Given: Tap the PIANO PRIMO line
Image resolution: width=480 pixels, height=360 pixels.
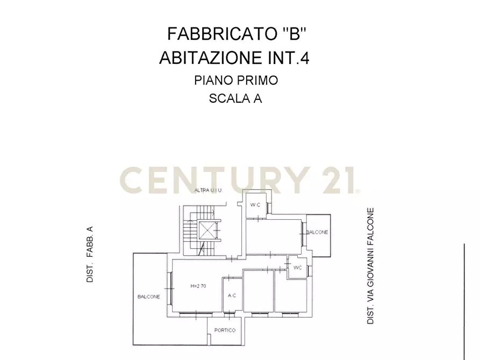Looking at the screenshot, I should point(235,81).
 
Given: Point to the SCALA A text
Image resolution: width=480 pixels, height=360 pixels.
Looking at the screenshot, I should point(235,98).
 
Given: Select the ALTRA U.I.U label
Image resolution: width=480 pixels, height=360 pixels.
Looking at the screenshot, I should point(207,190).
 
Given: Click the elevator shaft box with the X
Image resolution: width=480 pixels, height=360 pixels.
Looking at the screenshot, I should point(207,231).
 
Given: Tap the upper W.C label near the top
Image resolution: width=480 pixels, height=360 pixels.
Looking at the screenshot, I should point(255,205).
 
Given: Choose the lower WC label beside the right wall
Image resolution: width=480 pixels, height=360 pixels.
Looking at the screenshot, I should point(297,267).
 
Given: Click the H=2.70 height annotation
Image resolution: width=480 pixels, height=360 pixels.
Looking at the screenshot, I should point(199,285).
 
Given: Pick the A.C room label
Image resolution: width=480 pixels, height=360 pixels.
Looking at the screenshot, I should point(232,295).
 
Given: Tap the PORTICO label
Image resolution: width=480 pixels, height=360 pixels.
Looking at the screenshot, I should point(225,330).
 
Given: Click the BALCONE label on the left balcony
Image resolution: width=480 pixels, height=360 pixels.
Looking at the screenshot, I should point(148,297).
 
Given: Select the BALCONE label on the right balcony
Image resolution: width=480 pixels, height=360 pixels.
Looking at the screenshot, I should point(317,232).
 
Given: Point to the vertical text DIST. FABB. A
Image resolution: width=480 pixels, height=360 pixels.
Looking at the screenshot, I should point(90,255).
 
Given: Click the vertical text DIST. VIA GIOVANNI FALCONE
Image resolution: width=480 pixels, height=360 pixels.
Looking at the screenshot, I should point(370,265).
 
